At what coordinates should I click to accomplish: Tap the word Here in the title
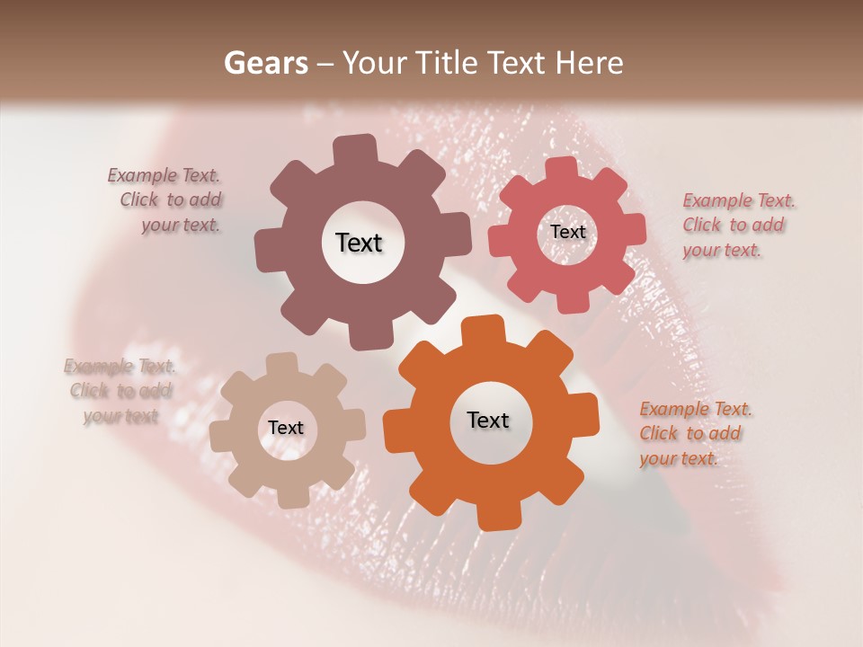[x=590, y=63]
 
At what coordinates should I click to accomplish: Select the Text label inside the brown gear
[x=359, y=243]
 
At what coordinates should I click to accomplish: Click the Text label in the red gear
[x=567, y=232]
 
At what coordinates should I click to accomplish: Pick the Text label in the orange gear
[x=488, y=420]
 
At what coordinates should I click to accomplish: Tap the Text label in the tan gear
[x=286, y=428]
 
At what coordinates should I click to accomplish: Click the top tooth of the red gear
[x=562, y=168]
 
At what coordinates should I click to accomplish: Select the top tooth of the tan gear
[x=282, y=365]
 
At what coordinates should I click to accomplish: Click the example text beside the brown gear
[x=166, y=200]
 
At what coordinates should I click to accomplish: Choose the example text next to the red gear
[x=737, y=226]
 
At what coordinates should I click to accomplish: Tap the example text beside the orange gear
[x=694, y=434]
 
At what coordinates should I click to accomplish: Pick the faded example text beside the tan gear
[x=119, y=391]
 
